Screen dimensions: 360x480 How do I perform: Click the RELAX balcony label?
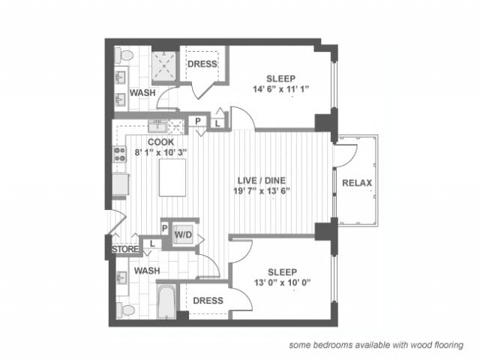click(x=357, y=183)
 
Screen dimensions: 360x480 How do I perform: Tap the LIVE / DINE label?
click(x=263, y=180)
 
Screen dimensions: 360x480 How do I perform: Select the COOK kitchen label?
click(x=160, y=141)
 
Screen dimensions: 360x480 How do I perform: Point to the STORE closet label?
click(x=124, y=248)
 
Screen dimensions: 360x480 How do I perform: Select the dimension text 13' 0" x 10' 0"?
click(x=280, y=284)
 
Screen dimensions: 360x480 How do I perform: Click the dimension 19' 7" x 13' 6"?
click(x=263, y=191)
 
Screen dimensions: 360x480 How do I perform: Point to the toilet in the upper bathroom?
click(x=124, y=55)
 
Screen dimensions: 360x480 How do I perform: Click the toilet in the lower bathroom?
click(x=125, y=309)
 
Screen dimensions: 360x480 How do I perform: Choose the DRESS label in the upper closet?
click(x=202, y=64)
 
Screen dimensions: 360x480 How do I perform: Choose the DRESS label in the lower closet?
click(x=208, y=301)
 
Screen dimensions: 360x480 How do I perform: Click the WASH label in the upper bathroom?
click(x=142, y=94)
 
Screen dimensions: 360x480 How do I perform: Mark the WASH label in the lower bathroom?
click(x=147, y=270)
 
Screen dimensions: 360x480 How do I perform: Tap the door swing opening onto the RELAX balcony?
click(x=345, y=154)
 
